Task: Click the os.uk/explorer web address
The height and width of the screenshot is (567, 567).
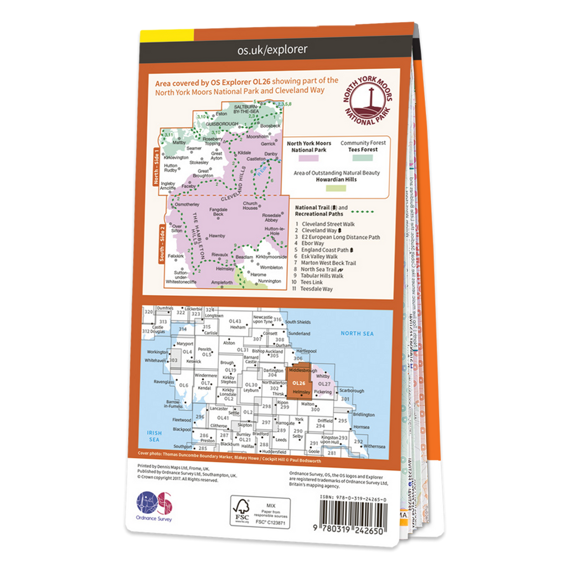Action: pos(272,50)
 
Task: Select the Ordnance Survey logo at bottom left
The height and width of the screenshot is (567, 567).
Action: pos(155,506)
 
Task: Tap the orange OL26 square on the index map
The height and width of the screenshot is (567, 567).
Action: pos(300,383)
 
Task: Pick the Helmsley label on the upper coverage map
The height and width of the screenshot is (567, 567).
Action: pos(225,269)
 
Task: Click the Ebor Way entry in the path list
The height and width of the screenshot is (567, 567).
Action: pos(313,243)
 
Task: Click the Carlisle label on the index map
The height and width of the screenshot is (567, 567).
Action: pos(210,334)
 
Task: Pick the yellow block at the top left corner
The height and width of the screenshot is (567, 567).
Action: pos(166,34)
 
